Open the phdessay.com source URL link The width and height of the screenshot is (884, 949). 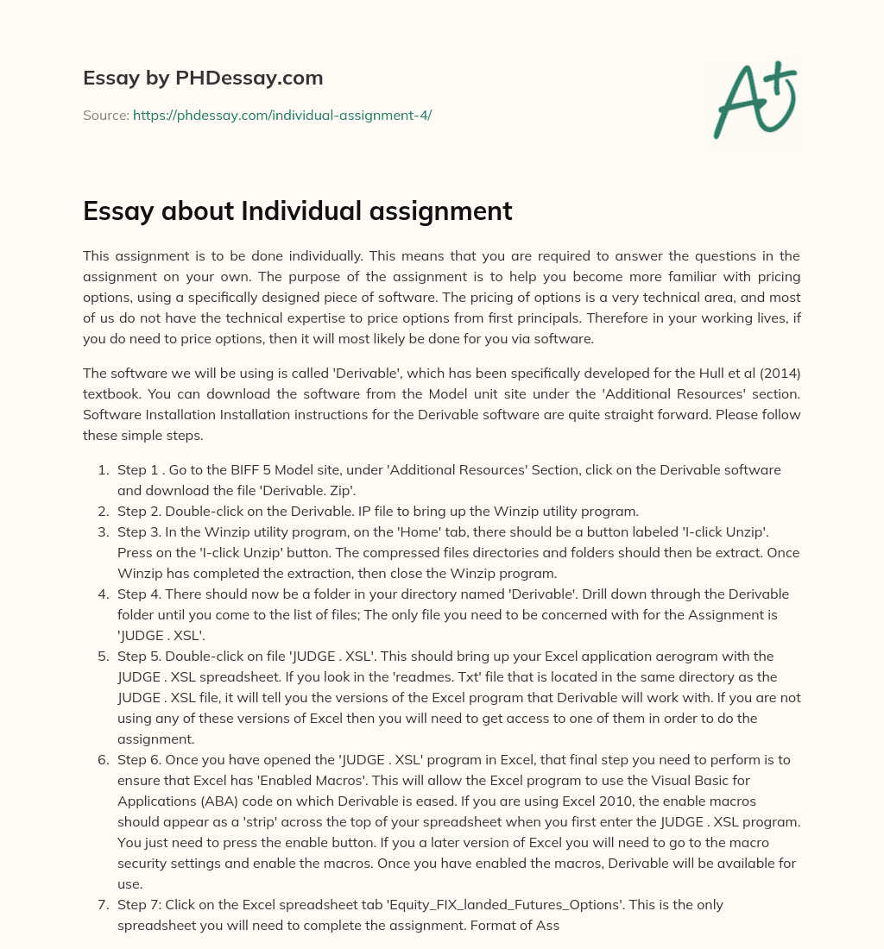[281, 115]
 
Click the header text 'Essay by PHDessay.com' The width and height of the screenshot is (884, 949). [203, 79]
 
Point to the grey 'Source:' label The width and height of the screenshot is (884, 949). [105, 115]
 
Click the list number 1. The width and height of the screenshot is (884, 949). [101, 470]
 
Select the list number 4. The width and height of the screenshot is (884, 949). [101, 594]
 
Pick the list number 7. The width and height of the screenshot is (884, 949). [101, 905]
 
